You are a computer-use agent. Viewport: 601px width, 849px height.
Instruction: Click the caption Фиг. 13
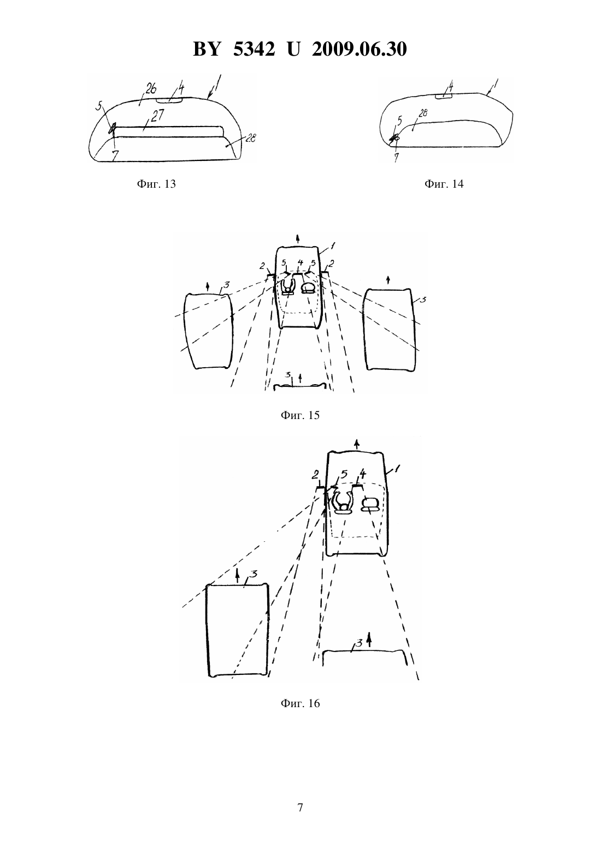coord(156,184)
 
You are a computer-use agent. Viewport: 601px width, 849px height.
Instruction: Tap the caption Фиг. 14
coord(444,184)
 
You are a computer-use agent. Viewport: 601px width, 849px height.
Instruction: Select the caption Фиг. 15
coord(300,415)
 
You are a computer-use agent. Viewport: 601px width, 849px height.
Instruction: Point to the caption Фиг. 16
coord(300,703)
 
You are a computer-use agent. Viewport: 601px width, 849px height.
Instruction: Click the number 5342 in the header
coord(254,49)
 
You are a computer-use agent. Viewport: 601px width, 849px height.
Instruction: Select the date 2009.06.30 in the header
coord(360,49)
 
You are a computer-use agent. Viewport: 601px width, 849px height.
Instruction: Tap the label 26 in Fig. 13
coord(150,89)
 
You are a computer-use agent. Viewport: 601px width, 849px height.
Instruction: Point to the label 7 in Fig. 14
coord(397,157)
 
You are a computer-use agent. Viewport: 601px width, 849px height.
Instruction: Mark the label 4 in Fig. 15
coord(300,262)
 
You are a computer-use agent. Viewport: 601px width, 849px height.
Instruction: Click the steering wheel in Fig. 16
coord(343,501)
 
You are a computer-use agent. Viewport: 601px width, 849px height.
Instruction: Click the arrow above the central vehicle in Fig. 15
coord(298,239)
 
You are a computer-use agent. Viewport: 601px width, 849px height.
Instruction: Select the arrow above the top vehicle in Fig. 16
coord(356,444)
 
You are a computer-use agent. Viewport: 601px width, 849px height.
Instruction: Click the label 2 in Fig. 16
coord(315,474)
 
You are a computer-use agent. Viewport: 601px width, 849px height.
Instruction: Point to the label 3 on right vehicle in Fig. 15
coord(423,300)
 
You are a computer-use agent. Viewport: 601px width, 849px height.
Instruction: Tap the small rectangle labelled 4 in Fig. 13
coord(169,100)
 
